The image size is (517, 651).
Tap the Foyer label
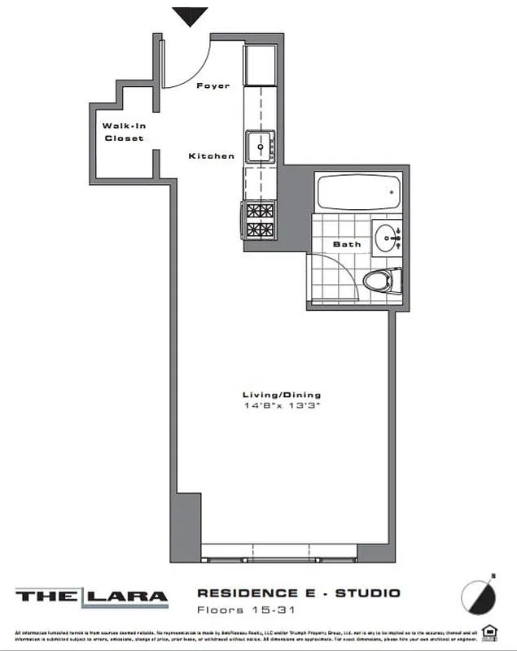213,85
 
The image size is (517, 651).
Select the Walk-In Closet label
122,132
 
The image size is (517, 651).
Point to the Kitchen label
212,155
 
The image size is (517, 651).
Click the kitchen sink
261,145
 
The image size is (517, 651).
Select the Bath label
347,244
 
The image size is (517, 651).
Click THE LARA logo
91,596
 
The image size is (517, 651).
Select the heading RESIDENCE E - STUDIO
298,593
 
